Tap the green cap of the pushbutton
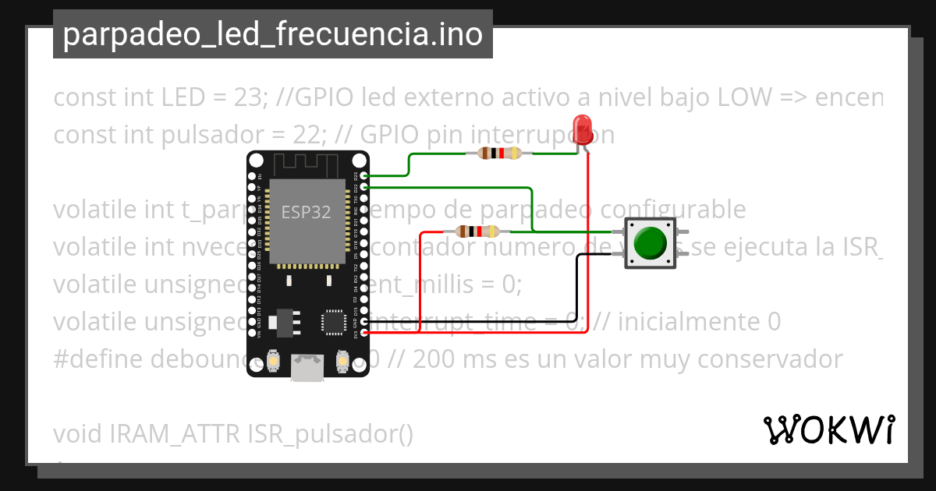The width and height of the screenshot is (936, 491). pyautogui.click(x=649, y=242)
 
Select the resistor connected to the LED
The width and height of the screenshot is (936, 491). pyautogui.click(x=499, y=154)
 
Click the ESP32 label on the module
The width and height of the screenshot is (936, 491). pyautogui.click(x=306, y=213)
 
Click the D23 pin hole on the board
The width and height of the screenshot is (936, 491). pyautogui.click(x=364, y=176)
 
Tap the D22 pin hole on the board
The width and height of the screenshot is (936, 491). pyautogui.click(x=364, y=188)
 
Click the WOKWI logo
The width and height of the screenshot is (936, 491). pyautogui.click(x=828, y=430)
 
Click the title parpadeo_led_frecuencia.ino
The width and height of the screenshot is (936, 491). pyautogui.click(x=272, y=34)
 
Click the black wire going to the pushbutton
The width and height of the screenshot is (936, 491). pyautogui.click(x=577, y=288)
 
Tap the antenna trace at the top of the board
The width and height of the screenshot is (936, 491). pyautogui.click(x=307, y=163)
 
